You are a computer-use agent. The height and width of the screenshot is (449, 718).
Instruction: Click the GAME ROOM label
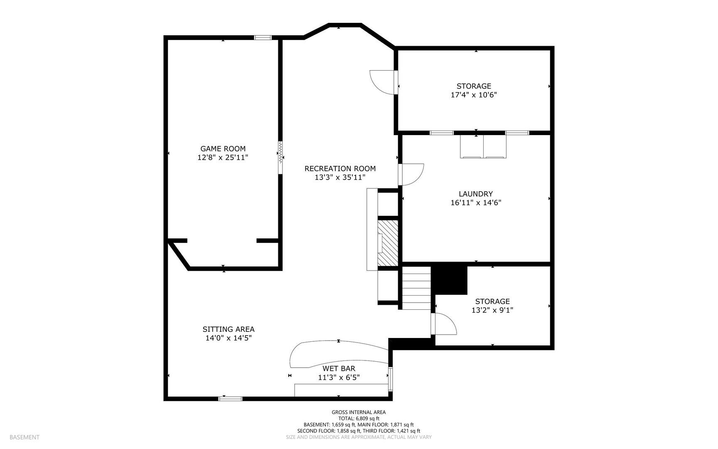223,148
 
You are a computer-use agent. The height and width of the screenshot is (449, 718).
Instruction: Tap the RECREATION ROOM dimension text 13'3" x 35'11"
340,178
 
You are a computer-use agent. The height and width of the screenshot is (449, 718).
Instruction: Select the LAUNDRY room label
476,194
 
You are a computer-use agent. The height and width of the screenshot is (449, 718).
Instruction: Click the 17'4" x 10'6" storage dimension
474,95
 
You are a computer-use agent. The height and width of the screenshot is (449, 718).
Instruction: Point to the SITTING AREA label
229,329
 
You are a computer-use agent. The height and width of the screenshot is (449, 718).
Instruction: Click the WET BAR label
339,368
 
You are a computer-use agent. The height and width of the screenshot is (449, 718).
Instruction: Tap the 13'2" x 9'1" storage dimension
492,310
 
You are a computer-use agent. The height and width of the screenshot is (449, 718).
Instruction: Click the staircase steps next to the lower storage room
416,288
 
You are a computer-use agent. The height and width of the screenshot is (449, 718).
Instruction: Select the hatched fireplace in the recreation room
388,243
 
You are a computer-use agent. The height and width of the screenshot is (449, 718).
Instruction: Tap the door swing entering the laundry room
411,174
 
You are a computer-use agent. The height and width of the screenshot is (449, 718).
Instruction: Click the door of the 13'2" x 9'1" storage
444,324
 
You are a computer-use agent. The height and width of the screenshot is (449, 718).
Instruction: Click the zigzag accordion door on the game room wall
280,152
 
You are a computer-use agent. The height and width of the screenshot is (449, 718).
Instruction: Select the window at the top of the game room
263,38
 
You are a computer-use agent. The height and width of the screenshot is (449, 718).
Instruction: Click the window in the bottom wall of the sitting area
230,399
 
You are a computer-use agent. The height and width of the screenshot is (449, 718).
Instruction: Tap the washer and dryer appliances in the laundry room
483,147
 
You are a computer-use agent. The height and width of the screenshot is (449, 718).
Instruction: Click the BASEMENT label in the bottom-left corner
25,437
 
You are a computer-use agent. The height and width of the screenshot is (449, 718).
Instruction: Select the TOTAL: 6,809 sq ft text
359,419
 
